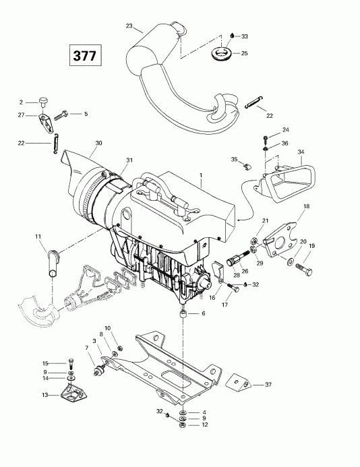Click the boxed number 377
point(85,55)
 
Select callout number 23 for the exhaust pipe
point(129,26)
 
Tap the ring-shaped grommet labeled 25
point(221,53)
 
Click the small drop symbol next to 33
point(232,36)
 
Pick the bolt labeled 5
point(61,115)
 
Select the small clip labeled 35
point(247,167)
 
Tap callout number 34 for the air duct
point(301,152)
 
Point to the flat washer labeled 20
point(290,261)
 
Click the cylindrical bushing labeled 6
point(183,314)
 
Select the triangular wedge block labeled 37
point(239,382)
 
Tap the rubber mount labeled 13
point(72,394)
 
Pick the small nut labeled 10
point(121,348)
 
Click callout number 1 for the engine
point(201,175)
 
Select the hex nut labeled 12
point(183,425)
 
